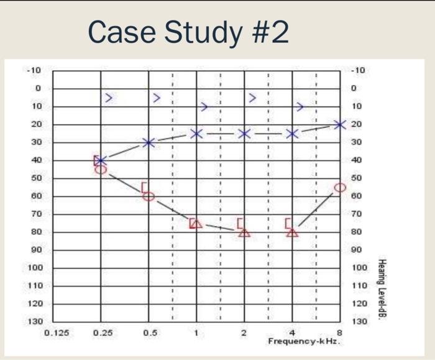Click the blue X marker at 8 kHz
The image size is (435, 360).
pos(339,124)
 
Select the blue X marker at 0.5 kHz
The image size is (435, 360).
pos(149,143)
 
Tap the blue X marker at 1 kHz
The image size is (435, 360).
pos(196,134)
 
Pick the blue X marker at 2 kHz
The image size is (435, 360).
pos(244,134)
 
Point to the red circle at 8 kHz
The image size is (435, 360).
pos(339,187)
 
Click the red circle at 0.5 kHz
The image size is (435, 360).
pos(149,196)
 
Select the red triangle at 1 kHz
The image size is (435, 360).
pos(196,223)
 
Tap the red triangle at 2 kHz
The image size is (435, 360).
pos(244,233)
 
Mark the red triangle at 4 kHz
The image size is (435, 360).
pos(293,233)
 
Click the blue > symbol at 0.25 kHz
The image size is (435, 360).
pos(109,98)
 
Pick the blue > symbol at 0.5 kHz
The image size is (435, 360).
pos(157,98)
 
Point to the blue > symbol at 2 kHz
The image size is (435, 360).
pos(252,98)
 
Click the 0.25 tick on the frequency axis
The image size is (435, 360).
pos(101,333)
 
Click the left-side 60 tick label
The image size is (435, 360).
pos(36,196)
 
